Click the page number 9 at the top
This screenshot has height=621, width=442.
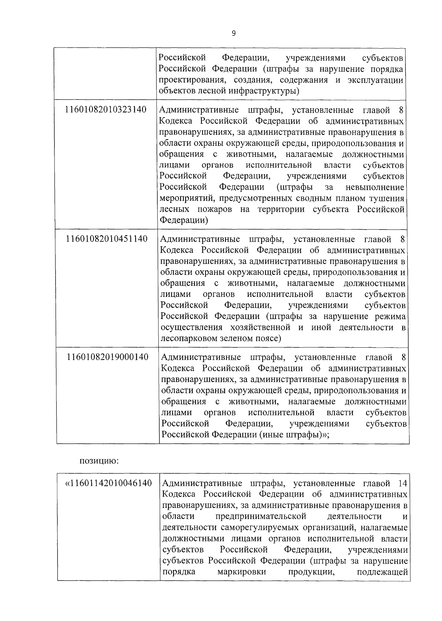(x=234, y=33)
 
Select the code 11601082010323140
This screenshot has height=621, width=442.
(x=106, y=110)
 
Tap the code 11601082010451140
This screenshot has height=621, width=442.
(x=106, y=239)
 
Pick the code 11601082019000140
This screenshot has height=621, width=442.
(x=108, y=357)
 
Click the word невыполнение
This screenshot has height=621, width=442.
(x=375, y=187)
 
